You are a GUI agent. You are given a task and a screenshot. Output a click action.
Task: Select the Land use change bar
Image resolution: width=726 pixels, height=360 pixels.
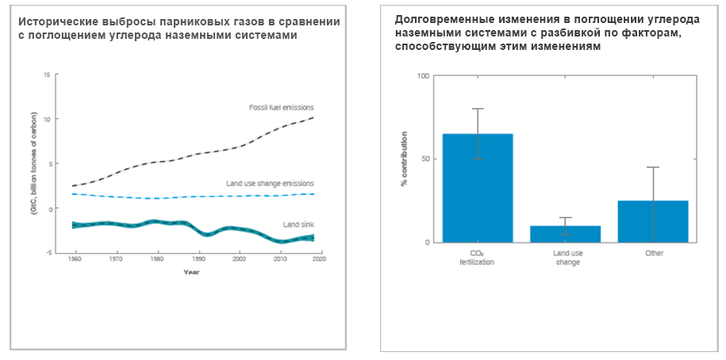click(566, 234)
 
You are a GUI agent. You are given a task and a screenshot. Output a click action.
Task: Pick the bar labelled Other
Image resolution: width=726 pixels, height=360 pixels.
click(654, 221)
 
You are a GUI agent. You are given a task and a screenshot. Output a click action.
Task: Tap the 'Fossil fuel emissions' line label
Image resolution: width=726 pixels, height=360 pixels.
click(281, 107)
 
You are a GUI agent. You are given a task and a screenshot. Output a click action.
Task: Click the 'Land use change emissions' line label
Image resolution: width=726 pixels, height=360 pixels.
click(270, 183)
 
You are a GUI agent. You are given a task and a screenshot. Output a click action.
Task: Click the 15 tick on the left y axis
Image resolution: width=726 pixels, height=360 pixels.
click(47, 75)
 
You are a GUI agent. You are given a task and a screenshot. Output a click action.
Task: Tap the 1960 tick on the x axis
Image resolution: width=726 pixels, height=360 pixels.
click(75, 259)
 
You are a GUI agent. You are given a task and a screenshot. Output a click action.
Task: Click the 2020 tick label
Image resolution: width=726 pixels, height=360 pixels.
click(319, 259)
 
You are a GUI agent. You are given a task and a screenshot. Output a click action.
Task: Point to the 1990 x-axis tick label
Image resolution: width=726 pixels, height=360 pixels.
click(197, 259)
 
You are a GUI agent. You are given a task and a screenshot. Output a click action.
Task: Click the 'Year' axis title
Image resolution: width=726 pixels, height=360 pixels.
click(191, 272)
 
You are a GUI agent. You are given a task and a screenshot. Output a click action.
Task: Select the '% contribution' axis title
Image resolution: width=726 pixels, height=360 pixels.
click(404, 159)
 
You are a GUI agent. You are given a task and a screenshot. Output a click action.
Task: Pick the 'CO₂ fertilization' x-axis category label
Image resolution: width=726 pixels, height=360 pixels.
click(478, 257)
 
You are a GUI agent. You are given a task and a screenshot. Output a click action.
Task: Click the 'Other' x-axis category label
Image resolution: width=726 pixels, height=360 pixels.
click(654, 253)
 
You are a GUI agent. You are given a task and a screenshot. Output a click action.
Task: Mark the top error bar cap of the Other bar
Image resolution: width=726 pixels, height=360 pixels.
click(654, 167)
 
